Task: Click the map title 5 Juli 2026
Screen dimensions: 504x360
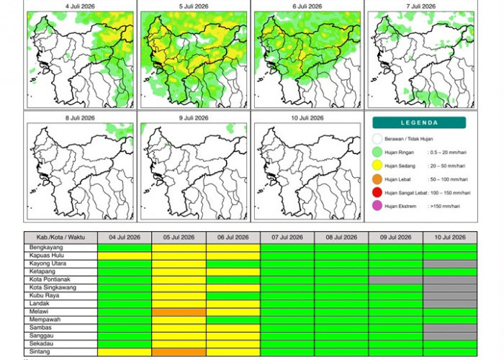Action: pyautogui.click(x=194, y=6)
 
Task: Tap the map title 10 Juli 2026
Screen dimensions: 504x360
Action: pyautogui.click(x=307, y=118)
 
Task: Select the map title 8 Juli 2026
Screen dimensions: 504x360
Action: pyautogui.click(x=80, y=118)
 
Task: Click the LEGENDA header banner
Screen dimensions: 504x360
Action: pyautogui.click(x=419, y=122)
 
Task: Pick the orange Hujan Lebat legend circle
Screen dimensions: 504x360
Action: pyautogui.click(x=377, y=179)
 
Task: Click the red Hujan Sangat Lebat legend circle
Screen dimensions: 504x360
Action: pyautogui.click(x=377, y=192)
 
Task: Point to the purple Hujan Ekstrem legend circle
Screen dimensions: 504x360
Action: pyautogui.click(x=377, y=206)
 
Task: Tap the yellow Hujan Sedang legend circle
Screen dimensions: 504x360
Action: pyautogui.click(x=377, y=166)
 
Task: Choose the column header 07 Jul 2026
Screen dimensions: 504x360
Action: pyautogui.click(x=287, y=237)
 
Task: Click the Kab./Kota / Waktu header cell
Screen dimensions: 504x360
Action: pyautogui.click(x=60, y=237)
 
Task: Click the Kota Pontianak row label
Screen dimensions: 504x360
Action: pyautogui.click(x=45, y=279)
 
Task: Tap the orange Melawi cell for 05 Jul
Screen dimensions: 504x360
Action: pyautogui.click(x=179, y=312)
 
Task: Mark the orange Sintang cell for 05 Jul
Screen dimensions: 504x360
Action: pyautogui.click(x=179, y=352)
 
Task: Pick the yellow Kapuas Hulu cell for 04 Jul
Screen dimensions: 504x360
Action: pyautogui.click(x=125, y=256)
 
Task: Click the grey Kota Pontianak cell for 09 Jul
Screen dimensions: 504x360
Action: pyautogui.click(x=396, y=280)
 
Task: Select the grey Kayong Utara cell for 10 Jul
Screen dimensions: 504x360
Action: pyautogui.click(x=450, y=264)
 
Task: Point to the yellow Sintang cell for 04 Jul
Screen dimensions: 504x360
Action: pyautogui.click(x=125, y=352)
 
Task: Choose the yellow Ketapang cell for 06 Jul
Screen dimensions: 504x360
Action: pyautogui.click(x=233, y=272)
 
